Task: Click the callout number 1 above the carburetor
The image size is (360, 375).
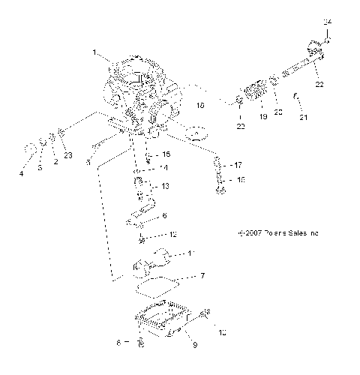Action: (x=94, y=53)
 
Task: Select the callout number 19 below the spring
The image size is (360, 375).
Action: (x=262, y=118)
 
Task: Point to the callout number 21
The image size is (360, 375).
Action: (x=304, y=118)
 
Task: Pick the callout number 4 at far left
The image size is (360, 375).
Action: (x=21, y=173)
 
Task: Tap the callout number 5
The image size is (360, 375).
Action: (x=88, y=161)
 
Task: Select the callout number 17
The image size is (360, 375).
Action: (x=238, y=164)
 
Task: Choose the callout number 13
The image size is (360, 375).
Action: (x=165, y=186)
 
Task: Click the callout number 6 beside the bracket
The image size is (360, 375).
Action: (x=165, y=215)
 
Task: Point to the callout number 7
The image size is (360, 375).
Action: (x=202, y=275)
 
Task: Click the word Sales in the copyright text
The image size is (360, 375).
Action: (x=288, y=233)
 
